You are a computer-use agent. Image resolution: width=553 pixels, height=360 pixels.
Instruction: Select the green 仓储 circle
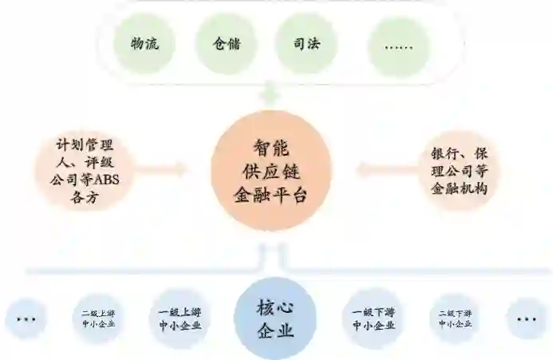226,45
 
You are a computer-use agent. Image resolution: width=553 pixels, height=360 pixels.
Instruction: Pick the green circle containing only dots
399,46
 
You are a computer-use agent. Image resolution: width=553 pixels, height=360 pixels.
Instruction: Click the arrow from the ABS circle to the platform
167,168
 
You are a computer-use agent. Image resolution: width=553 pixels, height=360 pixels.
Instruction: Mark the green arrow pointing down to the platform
271,94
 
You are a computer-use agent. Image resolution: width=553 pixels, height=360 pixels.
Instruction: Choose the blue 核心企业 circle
275,318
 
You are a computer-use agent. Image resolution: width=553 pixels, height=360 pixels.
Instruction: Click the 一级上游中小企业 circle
180,318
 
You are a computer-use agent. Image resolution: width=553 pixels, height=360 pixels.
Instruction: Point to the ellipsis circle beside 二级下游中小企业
527,319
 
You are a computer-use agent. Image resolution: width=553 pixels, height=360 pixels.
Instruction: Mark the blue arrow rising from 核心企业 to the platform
271,256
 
